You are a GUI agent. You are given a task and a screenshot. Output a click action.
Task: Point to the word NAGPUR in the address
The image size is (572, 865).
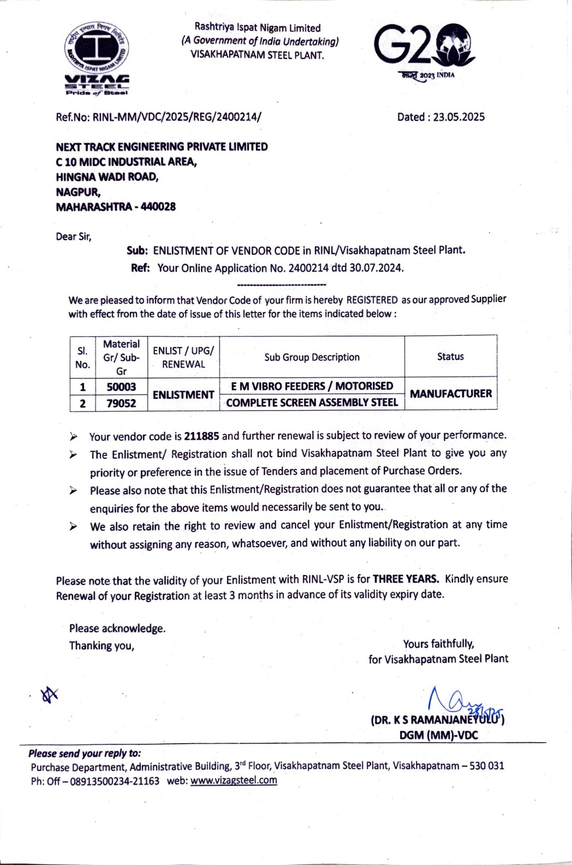[x=78, y=192]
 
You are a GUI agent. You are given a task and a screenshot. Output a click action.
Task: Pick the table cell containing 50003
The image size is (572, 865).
[x=121, y=387]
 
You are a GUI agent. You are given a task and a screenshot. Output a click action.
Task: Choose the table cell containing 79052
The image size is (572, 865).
[x=121, y=403]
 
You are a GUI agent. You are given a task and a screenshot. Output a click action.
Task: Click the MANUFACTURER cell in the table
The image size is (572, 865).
[x=450, y=394]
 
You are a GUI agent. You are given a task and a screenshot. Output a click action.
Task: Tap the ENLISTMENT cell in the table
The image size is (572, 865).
[x=183, y=394]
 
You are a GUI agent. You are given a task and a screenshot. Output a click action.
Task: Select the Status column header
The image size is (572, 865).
[x=450, y=357]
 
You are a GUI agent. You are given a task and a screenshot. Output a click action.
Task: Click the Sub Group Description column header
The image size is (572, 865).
[x=312, y=357]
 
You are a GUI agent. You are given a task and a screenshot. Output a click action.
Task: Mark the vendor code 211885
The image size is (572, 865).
[x=202, y=436]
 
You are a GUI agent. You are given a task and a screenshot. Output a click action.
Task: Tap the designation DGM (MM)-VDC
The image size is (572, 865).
[x=438, y=735]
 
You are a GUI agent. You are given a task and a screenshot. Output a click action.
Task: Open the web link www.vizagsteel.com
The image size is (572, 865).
[x=234, y=780]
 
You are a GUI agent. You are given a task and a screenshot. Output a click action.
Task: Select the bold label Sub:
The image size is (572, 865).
[x=137, y=251]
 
